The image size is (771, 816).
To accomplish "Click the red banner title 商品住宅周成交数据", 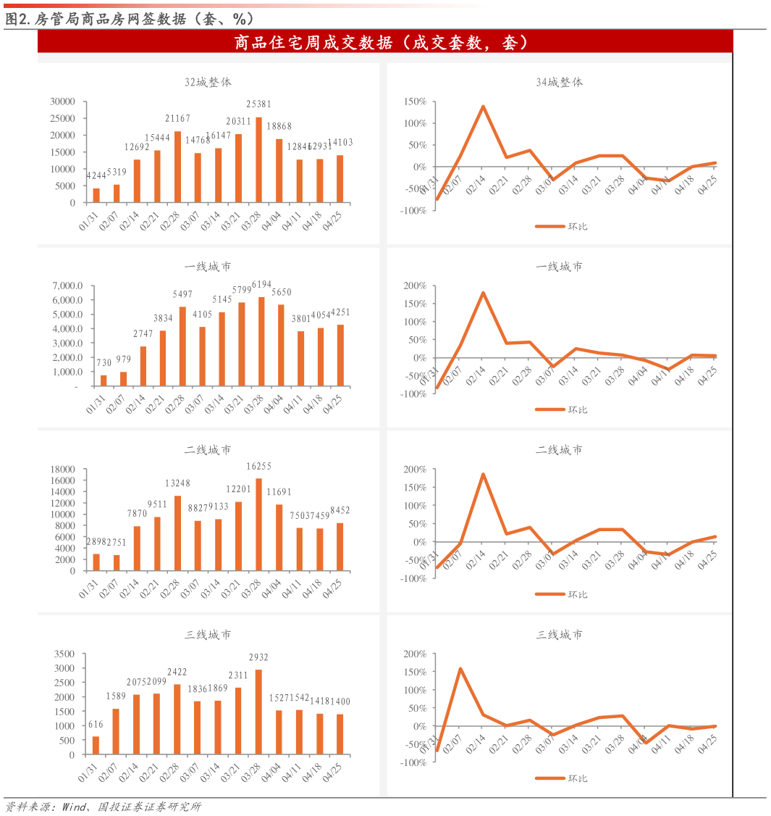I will coord(384,43).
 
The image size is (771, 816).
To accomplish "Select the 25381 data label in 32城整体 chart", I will coord(258,104).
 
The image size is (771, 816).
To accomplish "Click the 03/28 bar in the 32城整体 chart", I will coord(258,160).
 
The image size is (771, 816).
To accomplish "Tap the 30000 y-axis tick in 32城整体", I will coord(63,101).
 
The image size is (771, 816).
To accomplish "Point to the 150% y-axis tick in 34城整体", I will coord(415,101).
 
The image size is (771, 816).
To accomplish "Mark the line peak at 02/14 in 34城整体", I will coord(483,107).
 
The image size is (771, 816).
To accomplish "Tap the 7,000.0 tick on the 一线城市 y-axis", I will coord(67,286).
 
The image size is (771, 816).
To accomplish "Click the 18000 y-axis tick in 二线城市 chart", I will coord(63,469).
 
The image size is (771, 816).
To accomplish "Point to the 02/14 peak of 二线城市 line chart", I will coord(483,475).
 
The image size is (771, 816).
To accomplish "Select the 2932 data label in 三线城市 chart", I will coord(258,657).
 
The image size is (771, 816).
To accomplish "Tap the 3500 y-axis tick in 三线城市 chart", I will coord(64,654).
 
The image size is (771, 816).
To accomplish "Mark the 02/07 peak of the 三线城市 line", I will coord(460,668).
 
